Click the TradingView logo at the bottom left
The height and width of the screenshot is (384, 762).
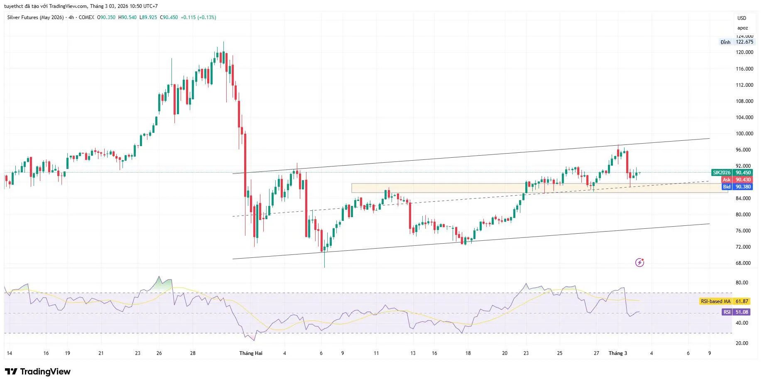click(x=38, y=372)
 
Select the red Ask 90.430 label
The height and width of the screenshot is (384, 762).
click(x=737, y=180)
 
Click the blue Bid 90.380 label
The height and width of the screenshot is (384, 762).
click(x=737, y=187)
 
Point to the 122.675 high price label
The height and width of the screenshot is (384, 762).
click(x=744, y=42)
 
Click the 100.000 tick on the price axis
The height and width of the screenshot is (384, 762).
click(x=744, y=134)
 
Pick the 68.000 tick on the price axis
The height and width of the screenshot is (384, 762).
click(x=744, y=263)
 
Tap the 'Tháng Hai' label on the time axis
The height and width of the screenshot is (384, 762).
click(x=251, y=353)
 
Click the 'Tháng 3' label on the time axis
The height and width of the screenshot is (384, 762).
click(x=617, y=353)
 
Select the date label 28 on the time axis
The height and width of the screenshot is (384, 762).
click(x=193, y=353)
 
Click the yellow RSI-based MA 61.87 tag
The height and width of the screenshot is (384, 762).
click(x=725, y=301)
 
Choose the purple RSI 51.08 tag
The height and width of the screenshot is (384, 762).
click(x=736, y=312)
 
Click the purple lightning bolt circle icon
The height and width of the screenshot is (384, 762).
click(x=639, y=262)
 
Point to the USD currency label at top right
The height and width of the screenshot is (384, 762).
click(x=742, y=18)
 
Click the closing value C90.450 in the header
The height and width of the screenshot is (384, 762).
click(x=169, y=17)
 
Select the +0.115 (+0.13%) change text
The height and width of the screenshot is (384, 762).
click(x=198, y=17)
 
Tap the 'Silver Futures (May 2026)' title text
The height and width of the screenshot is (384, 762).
click(x=36, y=17)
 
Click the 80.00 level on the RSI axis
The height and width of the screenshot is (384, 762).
click(x=742, y=283)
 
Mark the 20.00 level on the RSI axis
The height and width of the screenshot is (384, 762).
click(x=742, y=343)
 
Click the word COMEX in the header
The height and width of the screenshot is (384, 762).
click(x=86, y=17)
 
